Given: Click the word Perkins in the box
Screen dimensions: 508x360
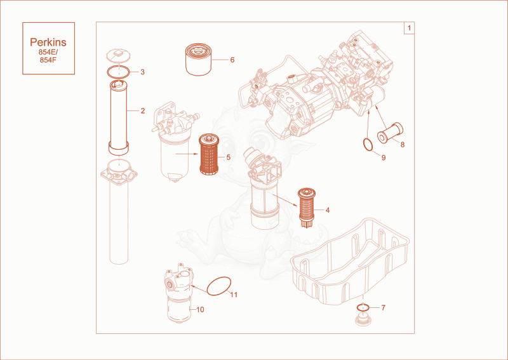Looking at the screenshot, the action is pos(48,42).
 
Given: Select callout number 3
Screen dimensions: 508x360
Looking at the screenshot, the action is pos(142,72).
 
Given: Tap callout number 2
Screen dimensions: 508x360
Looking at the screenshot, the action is pos(142,111).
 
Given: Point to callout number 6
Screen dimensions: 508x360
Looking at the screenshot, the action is pos(232,60).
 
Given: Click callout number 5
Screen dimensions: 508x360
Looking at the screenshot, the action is pos(229,157).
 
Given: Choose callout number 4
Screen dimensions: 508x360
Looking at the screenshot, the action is pos(328,210).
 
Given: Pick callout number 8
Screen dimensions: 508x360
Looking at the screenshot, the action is pos(403,145).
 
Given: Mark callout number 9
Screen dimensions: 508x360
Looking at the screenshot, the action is pos(384,158).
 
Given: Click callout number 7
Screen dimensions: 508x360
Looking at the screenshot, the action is pos(384,307).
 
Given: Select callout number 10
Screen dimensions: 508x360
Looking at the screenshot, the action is pos(200,310).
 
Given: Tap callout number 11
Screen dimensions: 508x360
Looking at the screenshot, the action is pos(234,295).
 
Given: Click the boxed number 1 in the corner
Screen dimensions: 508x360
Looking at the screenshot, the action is pos(409,28).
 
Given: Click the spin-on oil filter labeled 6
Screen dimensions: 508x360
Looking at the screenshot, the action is pos(199,60).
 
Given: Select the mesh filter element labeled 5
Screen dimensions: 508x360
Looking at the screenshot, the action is pos(209,154).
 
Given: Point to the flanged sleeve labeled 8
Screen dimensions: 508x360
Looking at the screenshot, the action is pos(391,133).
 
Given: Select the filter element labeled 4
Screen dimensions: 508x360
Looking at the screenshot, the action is pos(307,208).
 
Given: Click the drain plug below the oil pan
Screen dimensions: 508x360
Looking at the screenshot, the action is pos(363,319).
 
